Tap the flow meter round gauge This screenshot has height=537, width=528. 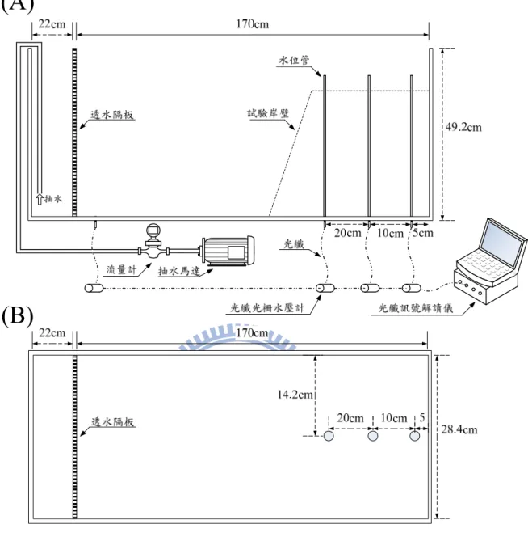(x=153, y=230)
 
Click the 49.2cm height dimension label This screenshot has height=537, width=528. (x=463, y=128)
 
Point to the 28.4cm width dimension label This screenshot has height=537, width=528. (x=459, y=429)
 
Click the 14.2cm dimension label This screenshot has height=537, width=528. (x=295, y=395)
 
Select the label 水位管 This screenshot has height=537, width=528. (x=294, y=61)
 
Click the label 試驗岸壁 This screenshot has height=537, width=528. (x=269, y=113)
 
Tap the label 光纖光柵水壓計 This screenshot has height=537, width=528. (x=267, y=307)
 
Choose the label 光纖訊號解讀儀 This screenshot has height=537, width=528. (x=416, y=308)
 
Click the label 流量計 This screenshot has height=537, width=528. (x=121, y=269)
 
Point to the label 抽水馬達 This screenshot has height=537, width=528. (x=178, y=271)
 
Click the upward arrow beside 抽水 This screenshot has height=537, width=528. (x=40, y=199)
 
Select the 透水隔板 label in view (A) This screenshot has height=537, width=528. (x=112, y=114)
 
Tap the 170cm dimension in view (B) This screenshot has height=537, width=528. (x=252, y=332)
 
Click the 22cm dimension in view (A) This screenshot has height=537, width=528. (x=52, y=24)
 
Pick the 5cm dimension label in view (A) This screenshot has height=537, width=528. (x=423, y=233)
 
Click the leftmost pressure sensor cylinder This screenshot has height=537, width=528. (x=94, y=288)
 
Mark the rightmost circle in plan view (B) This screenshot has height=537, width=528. (x=415, y=436)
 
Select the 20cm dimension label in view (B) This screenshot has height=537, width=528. (x=350, y=418)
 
